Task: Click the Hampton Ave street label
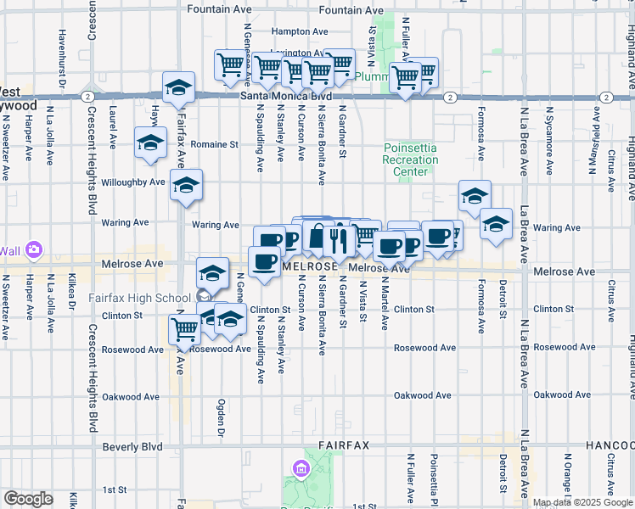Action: (x=300, y=31)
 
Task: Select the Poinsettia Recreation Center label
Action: (x=409, y=159)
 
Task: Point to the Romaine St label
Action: (x=214, y=145)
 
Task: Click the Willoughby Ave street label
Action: (x=134, y=182)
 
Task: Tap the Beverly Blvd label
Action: (x=132, y=446)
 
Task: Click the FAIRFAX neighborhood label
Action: (x=345, y=445)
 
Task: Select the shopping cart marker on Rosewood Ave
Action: (x=184, y=328)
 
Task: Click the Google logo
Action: (x=28, y=499)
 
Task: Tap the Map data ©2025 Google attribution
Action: (x=581, y=502)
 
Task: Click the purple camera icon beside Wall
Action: (x=33, y=250)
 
